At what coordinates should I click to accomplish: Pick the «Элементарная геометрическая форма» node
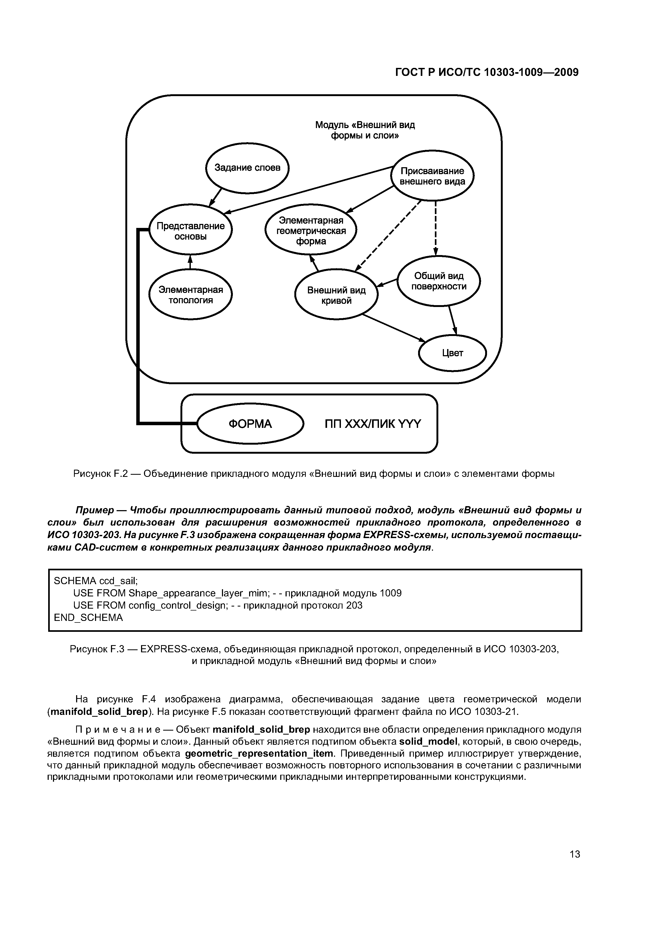311,231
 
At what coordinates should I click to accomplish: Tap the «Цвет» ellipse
452,353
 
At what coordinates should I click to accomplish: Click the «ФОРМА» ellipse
250,424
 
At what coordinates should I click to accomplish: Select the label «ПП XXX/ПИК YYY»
373,424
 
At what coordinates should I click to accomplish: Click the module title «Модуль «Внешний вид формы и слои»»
365,130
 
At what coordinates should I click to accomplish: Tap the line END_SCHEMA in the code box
88,617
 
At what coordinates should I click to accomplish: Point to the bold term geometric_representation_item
259,753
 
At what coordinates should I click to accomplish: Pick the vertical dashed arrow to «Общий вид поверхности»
436,228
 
